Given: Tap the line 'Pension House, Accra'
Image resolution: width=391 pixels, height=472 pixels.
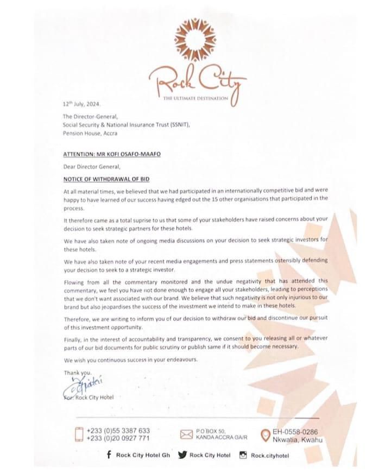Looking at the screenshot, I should click(x=90, y=133).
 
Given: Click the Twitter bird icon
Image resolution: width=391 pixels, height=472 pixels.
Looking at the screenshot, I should click(x=181, y=455).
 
